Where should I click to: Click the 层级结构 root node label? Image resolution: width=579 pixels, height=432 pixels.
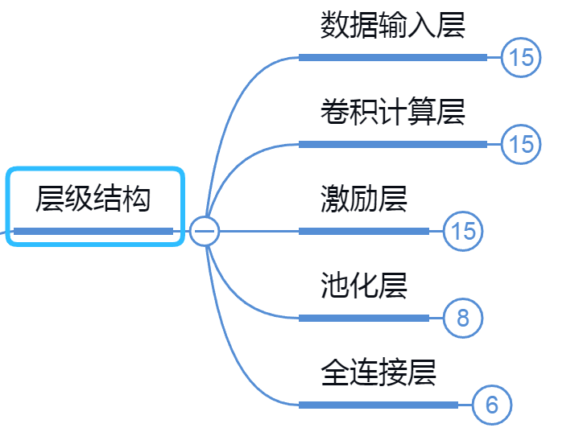[x=93, y=198]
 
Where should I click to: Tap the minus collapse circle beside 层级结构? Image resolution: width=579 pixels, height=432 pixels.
[x=205, y=231]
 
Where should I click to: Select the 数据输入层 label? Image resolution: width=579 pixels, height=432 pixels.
[x=392, y=25]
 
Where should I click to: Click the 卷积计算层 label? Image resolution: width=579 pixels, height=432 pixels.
[x=392, y=111]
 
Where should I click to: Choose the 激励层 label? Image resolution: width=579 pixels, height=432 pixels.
[x=363, y=198]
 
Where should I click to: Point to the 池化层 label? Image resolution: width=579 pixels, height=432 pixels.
[x=363, y=285]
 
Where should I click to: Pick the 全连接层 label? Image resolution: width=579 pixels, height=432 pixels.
[x=378, y=372]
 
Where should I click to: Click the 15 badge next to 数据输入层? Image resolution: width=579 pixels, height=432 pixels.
[x=521, y=57]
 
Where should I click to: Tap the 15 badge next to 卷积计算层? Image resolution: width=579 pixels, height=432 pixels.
[x=521, y=144]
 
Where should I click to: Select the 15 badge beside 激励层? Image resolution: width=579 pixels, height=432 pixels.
[x=463, y=231]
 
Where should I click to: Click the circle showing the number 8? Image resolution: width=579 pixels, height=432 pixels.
[x=463, y=318]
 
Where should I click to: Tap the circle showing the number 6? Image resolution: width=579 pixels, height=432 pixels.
[x=492, y=405]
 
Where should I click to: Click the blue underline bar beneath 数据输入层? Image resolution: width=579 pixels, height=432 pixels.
[x=392, y=57]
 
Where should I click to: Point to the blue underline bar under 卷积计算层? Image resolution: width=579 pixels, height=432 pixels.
[x=392, y=144]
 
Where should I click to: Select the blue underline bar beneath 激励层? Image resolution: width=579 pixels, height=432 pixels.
[x=363, y=231]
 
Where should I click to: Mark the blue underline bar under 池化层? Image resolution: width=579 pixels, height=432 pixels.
[x=363, y=318]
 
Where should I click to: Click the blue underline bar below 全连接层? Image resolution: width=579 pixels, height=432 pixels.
[x=378, y=405]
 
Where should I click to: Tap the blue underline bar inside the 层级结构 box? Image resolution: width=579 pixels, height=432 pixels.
[x=93, y=232]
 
